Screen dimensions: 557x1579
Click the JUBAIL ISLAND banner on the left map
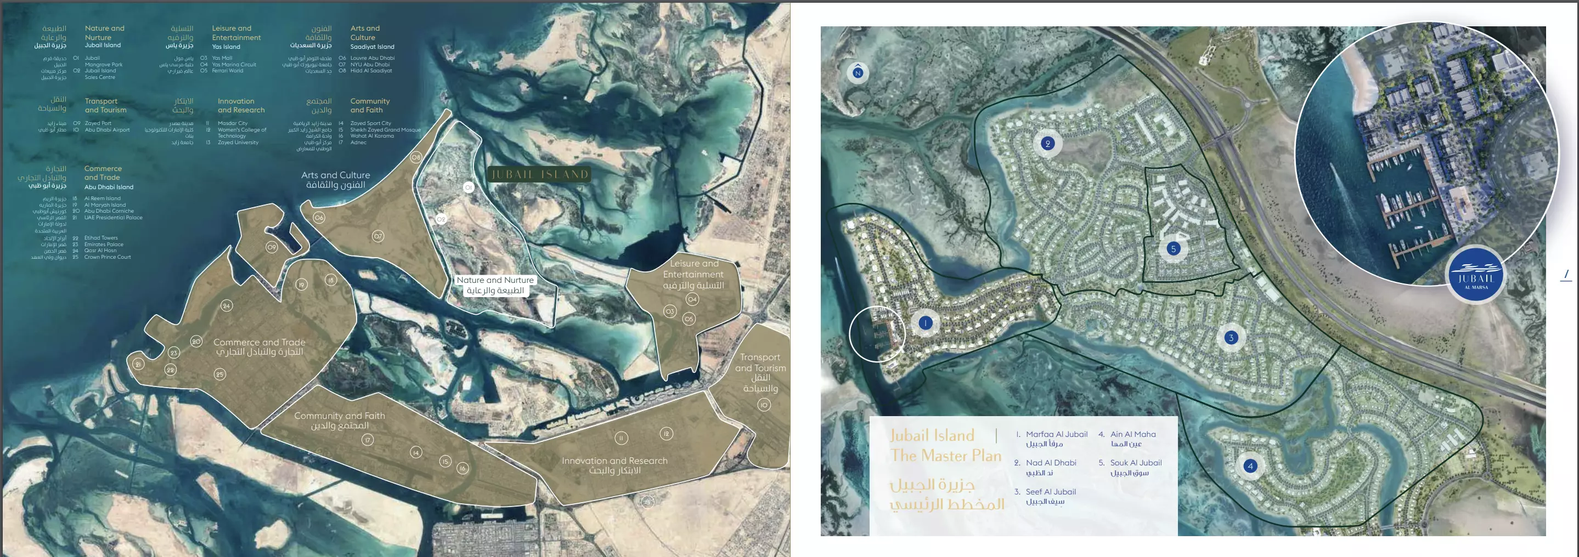click(540, 175)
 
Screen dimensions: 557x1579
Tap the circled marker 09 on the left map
click(272, 247)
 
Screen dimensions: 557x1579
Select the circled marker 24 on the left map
click(227, 305)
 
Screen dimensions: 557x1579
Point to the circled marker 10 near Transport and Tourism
click(764, 405)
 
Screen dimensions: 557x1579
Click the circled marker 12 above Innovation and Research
click(666, 433)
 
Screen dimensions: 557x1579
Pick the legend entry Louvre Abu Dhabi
click(372, 58)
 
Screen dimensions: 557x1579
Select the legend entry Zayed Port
click(98, 123)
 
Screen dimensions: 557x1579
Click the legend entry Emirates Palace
click(104, 245)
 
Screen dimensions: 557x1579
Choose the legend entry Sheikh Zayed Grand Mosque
click(385, 130)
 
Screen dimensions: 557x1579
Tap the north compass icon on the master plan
click(858, 72)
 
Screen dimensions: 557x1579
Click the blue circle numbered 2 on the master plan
click(1047, 144)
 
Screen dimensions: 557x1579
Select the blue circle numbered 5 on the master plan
click(1173, 249)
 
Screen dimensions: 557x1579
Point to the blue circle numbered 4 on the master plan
click(1250, 465)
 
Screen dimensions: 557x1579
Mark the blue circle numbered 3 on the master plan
click(1231, 338)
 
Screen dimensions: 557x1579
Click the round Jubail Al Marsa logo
click(1476, 276)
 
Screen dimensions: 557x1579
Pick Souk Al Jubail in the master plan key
click(1135, 463)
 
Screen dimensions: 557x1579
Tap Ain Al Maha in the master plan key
click(1133, 434)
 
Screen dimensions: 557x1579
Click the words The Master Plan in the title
click(945, 455)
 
